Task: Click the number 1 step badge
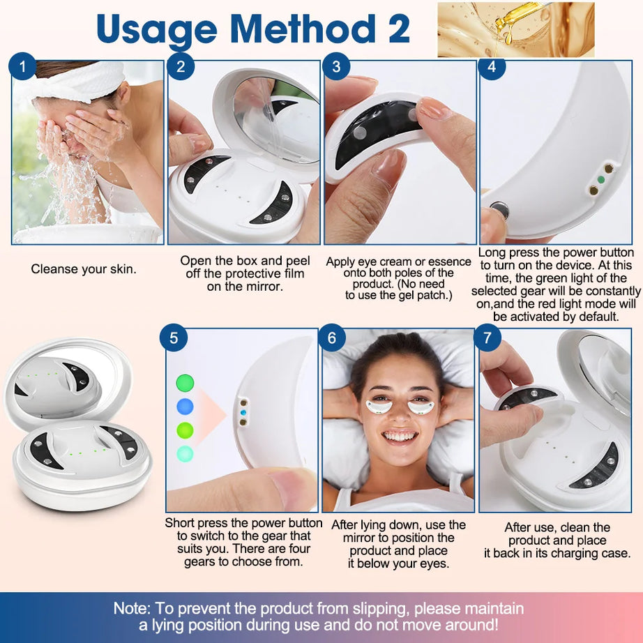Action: (24, 67)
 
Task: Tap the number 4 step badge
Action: (492, 67)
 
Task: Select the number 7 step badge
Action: (487, 338)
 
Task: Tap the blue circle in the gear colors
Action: (185, 407)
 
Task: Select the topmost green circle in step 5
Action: (185, 382)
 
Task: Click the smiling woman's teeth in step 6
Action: (400, 437)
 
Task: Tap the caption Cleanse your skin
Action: (84, 268)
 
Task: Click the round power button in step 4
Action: (499, 210)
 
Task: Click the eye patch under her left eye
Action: (421, 406)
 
